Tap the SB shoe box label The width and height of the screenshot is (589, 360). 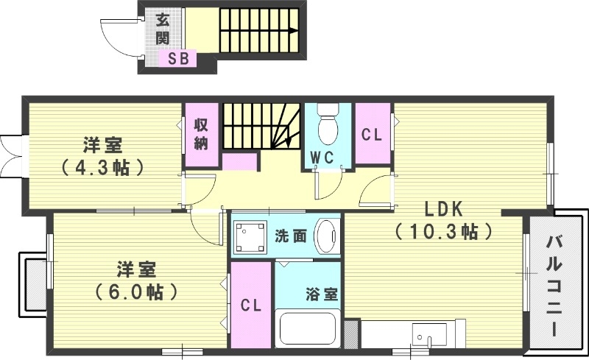pyautogui.click(x=179, y=58)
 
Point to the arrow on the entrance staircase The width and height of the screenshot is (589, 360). pyautogui.click(x=292, y=30)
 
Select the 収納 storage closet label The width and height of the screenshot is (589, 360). pyautogui.click(x=200, y=134)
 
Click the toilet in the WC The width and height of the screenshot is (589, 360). pyautogui.click(x=327, y=129)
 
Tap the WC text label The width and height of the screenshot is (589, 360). pyautogui.click(x=322, y=157)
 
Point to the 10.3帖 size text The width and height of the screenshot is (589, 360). pyautogui.click(x=444, y=233)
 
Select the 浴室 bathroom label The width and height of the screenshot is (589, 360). pyautogui.click(x=322, y=293)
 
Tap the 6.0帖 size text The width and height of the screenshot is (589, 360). pyautogui.click(x=137, y=291)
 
